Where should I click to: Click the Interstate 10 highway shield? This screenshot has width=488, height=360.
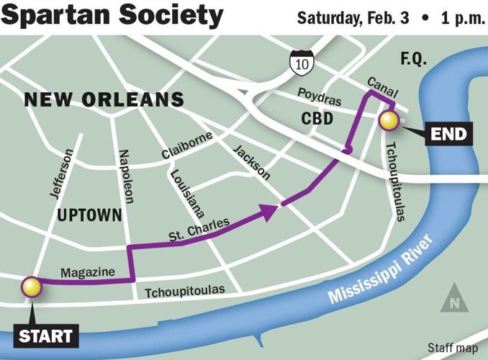298,64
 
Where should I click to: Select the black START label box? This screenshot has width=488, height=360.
45,335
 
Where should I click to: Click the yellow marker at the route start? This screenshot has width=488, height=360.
32,287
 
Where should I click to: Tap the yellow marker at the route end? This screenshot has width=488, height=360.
389,121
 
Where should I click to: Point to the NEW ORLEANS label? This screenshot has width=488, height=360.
104,99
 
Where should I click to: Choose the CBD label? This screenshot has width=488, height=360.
317,118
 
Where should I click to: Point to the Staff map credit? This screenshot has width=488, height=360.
452,348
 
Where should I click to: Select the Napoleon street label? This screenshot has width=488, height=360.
124,177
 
